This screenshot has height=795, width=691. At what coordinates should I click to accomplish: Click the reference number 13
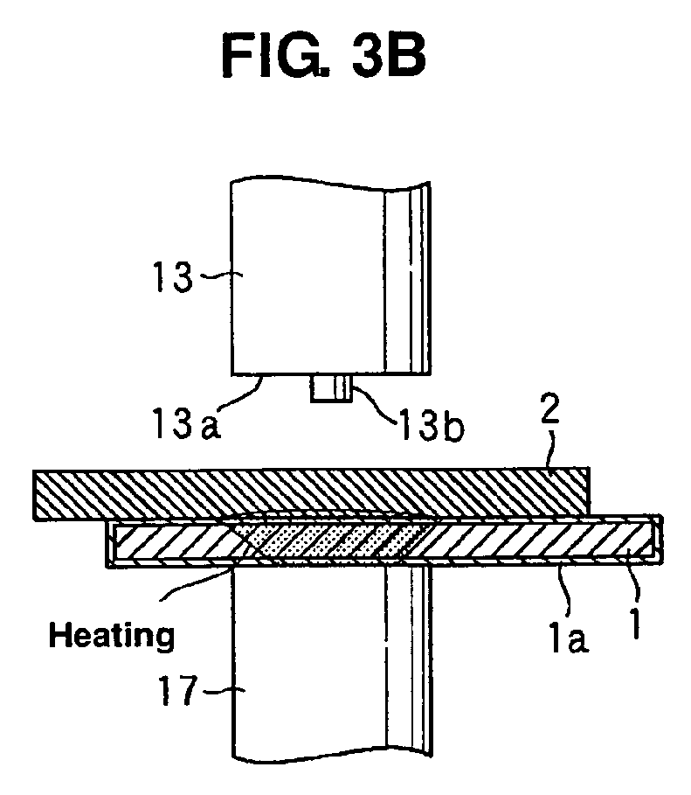(173, 277)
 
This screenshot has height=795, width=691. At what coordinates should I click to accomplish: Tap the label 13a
(186, 422)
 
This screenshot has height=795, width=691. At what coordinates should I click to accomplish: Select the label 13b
(432, 425)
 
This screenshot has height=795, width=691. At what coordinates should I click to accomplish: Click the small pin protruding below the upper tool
(331, 389)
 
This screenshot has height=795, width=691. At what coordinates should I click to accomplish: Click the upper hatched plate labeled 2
(311, 494)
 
